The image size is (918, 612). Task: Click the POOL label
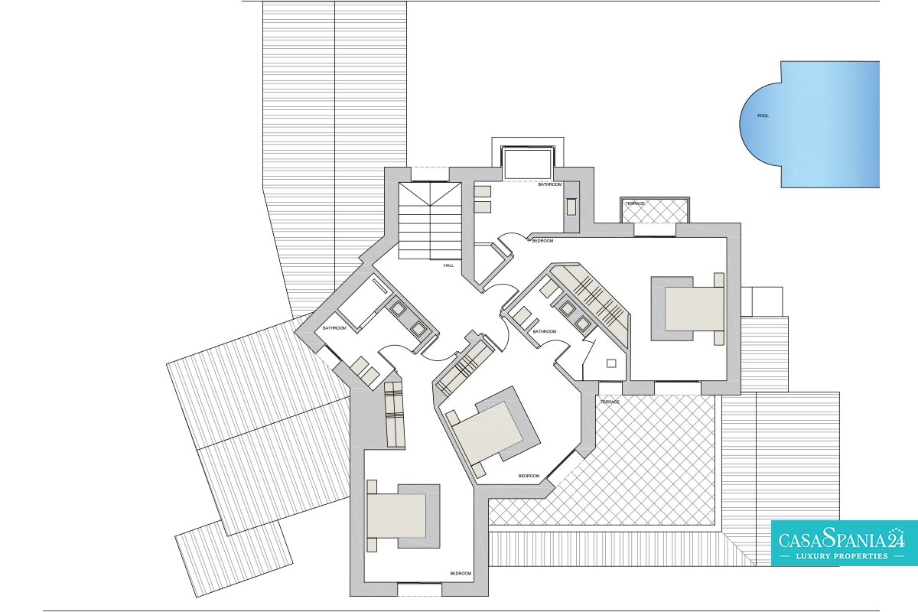tap(763, 116)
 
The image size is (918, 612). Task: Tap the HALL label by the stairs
tap(448, 265)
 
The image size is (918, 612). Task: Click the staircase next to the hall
tap(430, 221)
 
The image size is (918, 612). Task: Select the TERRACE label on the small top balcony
tap(635, 203)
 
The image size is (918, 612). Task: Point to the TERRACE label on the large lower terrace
tap(610, 402)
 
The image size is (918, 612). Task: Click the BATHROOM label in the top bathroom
tap(549, 184)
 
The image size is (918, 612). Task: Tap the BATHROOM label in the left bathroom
tap(334, 328)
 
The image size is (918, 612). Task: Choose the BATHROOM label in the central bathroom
tap(544, 331)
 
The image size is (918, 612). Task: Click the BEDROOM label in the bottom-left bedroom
tap(461, 574)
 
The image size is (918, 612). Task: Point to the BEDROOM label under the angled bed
tap(529, 476)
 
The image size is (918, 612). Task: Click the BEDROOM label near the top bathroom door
tap(542, 241)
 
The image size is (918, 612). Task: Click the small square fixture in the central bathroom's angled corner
tap(611, 363)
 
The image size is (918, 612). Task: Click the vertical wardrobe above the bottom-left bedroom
tap(395, 414)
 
